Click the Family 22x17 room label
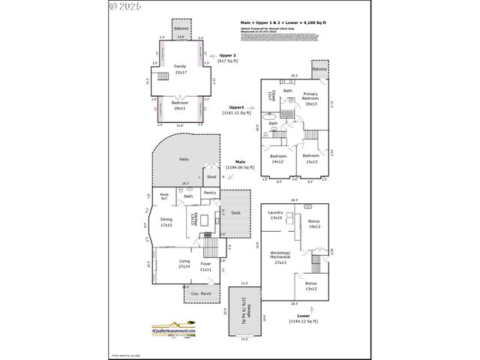tap(180, 69)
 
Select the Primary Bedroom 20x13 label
tap(310, 101)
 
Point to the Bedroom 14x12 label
tap(277, 158)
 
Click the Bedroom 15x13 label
tap(310, 158)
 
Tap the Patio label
tap(184, 160)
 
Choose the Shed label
tap(211, 177)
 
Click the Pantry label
tap(210, 193)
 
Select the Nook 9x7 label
tap(163, 196)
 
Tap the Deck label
tap(235, 214)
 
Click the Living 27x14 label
tap(184, 264)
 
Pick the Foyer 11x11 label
tap(205, 266)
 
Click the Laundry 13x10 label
tap(275, 215)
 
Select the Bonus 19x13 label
tap(313, 224)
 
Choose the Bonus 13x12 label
tap(310, 286)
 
